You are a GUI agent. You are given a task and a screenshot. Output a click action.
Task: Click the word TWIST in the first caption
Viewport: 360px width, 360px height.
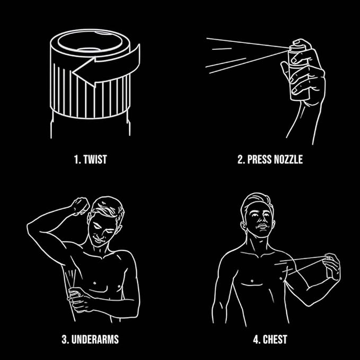(x=95, y=160)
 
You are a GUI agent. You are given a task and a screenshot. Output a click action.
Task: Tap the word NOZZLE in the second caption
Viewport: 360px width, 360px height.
(x=288, y=160)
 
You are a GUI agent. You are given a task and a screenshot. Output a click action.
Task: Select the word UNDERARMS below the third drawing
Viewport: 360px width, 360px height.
(x=95, y=339)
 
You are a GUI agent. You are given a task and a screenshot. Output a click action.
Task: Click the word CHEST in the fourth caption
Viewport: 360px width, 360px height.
(x=275, y=339)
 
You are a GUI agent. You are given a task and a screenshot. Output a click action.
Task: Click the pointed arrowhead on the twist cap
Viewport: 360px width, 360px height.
(x=84, y=72)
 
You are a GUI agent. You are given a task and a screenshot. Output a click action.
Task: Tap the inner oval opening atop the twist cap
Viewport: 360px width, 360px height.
(x=90, y=41)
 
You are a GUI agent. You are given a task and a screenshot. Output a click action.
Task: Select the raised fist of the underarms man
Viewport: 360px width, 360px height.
(x=81, y=206)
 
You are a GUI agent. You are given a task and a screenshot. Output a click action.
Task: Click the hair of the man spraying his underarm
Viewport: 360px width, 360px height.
(x=108, y=207)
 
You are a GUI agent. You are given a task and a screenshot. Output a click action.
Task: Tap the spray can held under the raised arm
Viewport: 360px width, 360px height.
(x=75, y=296)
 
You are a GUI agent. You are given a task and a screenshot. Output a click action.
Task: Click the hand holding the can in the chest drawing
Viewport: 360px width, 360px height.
(x=332, y=266)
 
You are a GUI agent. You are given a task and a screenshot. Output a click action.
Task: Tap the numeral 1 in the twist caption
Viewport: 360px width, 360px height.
(x=76, y=160)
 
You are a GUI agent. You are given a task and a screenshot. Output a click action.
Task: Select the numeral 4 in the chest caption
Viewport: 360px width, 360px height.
(x=256, y=339)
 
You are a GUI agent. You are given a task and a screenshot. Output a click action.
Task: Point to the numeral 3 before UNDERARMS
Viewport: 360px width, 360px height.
(x=65, y=339)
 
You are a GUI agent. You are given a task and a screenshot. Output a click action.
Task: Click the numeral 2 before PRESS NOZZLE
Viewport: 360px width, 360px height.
(x=241, y=160)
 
